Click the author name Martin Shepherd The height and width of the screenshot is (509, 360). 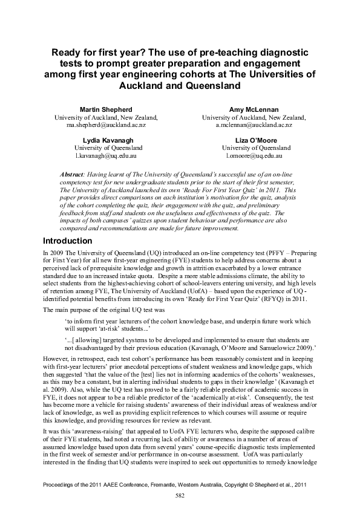pyautogui.click(x=106, y=109)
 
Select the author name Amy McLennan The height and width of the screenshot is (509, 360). pyautogui.click(x=254, y=109)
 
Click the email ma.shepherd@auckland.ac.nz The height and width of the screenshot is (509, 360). pyautogui.click(x=106, y=125)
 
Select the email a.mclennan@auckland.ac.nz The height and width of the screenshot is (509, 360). pyautogui.click(x=254, y=125)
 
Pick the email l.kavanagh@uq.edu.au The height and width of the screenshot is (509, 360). pyautogui.click(x=108, y=155)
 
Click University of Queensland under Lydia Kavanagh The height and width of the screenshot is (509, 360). pyautogui.click(x=108, y=148)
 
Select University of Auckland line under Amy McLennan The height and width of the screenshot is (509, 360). pyautogui.click(x=254, y=117)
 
